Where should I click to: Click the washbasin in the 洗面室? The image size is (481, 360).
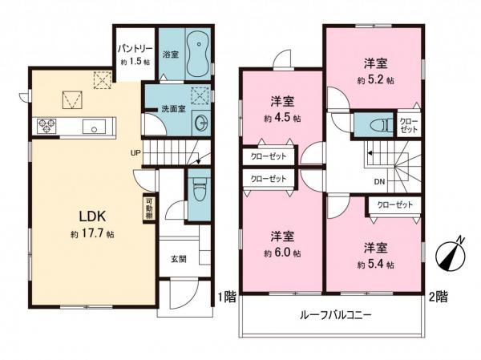(200, 123)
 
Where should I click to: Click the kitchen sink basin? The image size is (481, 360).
(93, 126)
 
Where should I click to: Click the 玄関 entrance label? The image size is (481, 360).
(178, 258)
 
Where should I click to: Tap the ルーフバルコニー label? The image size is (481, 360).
(336, 316)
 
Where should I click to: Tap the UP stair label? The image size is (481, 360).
(137, 154)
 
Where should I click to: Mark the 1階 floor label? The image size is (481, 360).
(225, 297)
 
